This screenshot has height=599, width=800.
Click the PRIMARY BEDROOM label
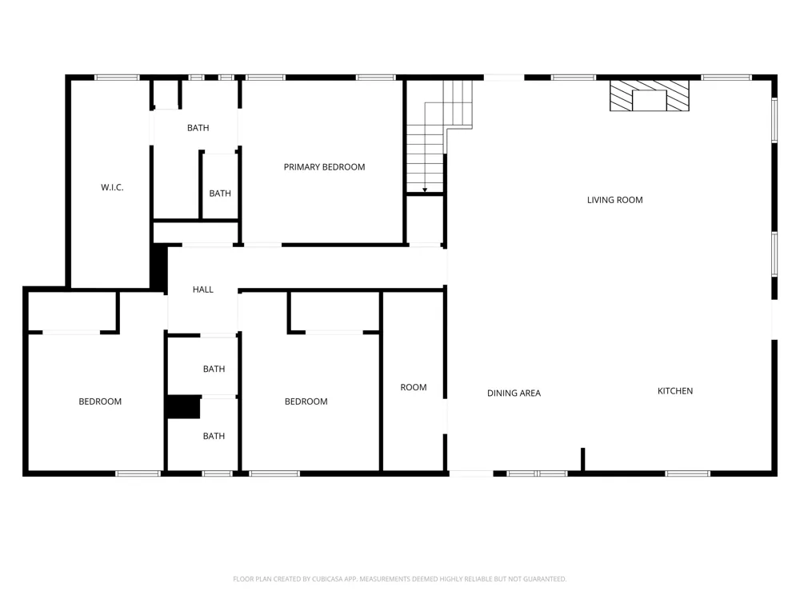point(324,167)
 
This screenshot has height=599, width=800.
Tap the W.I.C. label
point(112,187)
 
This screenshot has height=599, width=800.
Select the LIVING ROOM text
point(614,200)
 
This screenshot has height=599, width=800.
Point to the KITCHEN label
point(675,391)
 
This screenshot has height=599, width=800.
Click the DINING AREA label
point(514,393)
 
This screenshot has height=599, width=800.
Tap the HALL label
point(203,290)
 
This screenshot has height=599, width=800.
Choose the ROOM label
point(414,387)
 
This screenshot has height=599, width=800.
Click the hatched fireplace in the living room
point(650,95)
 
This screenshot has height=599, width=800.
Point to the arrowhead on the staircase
point(425,190)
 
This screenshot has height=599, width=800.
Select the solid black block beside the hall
point(159,268)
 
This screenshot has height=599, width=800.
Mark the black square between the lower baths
point(183,407)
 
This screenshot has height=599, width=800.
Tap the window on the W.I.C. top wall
point(117,78)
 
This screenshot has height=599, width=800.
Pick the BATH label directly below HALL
point(214,369)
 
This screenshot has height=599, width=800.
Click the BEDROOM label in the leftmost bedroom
point(100,401)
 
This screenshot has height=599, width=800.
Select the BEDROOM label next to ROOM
point(306,401)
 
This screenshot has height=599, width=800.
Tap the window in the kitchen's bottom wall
point(688,473)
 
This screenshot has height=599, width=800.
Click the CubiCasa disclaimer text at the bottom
point(399,579)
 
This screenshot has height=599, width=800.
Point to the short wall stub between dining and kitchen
point(582,459)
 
